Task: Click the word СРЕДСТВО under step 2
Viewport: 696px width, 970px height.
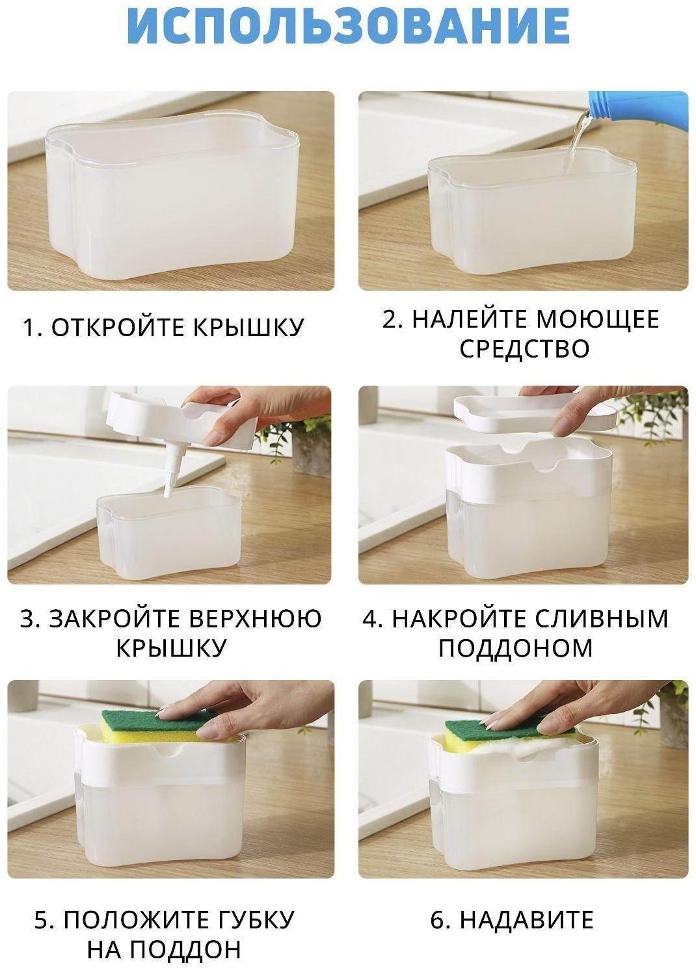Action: point(524,348)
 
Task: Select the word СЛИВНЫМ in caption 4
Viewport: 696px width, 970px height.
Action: point(602,618)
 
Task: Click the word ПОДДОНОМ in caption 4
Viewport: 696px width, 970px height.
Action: point(515,648)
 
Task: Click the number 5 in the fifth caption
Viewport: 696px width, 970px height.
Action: point(42,920)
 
